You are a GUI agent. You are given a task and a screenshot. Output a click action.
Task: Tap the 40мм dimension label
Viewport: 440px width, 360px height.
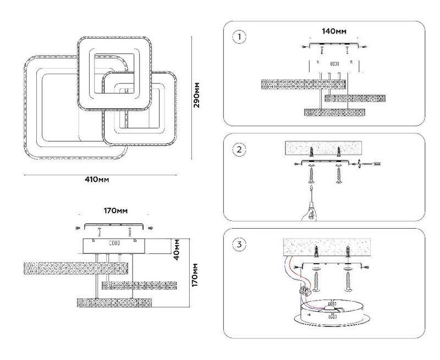click(177, 248)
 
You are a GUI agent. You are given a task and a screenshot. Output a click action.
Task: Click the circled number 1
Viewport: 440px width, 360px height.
click(239, 37)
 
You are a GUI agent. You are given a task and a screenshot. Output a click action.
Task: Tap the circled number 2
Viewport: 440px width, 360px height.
click(239, 150)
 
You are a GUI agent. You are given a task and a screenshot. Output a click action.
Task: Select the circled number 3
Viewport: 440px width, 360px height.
click(239, 245)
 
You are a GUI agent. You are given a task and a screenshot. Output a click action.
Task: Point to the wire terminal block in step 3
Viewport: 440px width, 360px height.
click(305, 290)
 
